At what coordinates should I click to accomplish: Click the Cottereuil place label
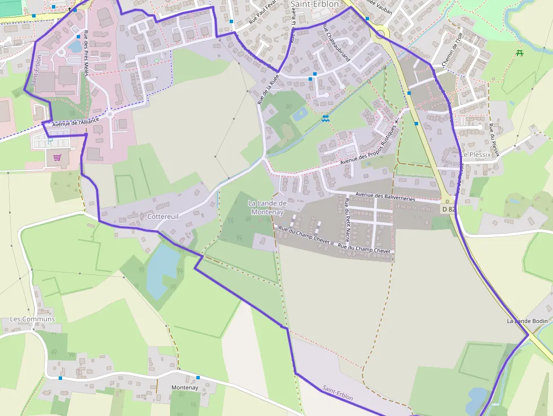[x=163, y=216]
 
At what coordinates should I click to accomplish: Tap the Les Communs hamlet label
[x=32, y=319]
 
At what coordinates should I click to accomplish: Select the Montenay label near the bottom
[x=185, y=388]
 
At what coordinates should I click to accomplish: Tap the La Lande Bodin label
[x=527, y=321]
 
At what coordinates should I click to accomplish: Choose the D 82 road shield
[x=448, y=209]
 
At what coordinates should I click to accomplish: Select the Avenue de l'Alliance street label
[x=75, y=120]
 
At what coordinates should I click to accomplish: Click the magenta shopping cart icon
[x=57, y=158]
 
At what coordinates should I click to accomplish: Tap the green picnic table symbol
[x=519, y=53]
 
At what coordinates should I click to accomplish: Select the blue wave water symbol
[x=326, y=119]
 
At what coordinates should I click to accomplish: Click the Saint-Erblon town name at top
[x=314, y=4]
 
